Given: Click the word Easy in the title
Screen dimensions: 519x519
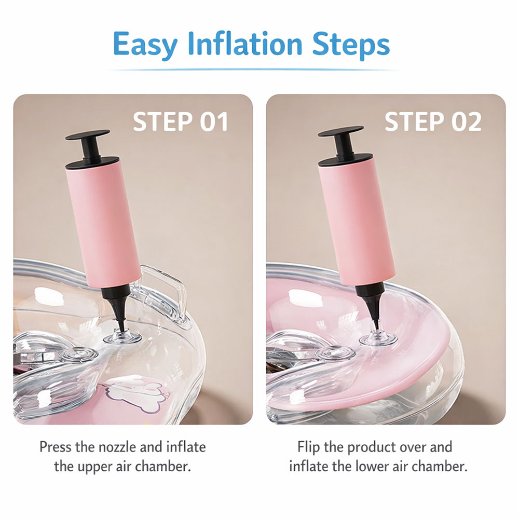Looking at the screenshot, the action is (x=145, y=45).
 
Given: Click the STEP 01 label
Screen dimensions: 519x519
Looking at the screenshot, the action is (x=181, y=121).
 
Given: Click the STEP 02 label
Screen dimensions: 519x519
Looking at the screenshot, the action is (x=433, y=121).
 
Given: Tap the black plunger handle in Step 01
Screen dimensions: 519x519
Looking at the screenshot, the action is (x=88, y=146).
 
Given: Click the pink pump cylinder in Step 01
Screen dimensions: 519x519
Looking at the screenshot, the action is (x=103, y=225).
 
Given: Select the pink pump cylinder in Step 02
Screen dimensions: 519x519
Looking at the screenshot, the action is (x=358, y=222).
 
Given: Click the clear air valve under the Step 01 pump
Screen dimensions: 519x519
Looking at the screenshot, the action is (x=122, y=337).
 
